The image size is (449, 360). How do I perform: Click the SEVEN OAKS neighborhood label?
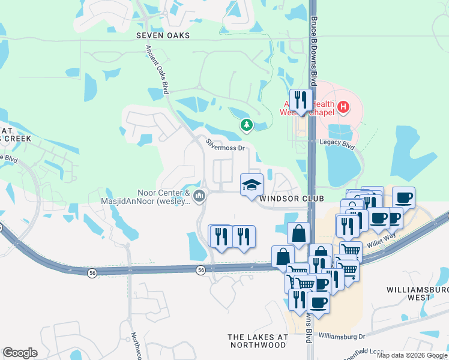click(163, 35)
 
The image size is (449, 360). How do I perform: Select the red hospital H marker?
click(343, 107)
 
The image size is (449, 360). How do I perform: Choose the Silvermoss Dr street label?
click(226, 145)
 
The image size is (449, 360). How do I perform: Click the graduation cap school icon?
click(252, 184)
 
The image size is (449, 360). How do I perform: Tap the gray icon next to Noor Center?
click(200, 196)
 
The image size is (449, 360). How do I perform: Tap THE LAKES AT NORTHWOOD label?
click(257, 341)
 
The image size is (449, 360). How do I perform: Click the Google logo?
click(20, 353)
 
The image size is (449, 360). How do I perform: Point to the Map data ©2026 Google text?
click(412, 355)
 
